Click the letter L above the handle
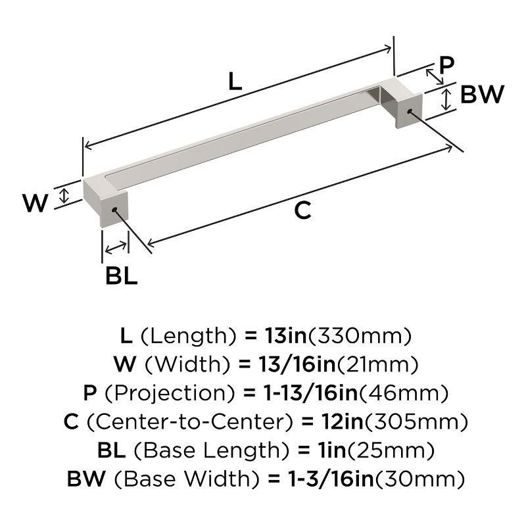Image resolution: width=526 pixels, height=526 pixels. (235, 82)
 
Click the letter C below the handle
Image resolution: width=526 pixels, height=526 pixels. (302, 210)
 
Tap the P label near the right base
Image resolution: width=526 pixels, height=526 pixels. (446, 66)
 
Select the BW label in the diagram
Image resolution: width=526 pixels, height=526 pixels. (481, 95)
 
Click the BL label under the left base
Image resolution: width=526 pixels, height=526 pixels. (122, 275)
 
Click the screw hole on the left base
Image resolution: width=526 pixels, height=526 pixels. (115, 210)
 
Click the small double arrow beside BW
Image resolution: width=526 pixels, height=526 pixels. (446, 99)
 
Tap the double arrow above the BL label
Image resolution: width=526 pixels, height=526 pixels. (116, 248)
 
